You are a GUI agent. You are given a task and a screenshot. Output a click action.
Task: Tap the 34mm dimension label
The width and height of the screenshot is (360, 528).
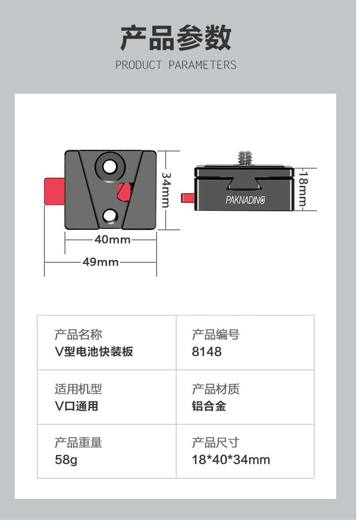[x=166, y=190]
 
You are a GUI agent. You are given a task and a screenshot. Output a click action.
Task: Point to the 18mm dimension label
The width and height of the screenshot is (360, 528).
[x=303, y=189]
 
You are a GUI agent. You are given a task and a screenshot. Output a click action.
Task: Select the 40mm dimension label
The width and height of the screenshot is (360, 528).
[x=112, y=240]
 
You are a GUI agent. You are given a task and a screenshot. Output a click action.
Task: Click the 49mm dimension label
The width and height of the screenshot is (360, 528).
[x=101, y=262]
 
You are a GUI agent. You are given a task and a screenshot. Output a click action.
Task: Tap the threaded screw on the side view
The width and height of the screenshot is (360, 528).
[x=244, y=158]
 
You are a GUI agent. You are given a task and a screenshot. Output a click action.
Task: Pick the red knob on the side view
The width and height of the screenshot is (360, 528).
[x=188, y=197]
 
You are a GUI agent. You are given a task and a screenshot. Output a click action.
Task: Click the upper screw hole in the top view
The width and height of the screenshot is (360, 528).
[x=109, y=166]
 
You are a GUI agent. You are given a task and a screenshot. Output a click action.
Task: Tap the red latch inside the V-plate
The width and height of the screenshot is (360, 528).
[x=124, y=192]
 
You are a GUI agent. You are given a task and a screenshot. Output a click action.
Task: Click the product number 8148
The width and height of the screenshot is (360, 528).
[x=207, y=352]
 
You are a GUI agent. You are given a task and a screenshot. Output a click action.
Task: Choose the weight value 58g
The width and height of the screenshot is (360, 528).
[x=66, y=460]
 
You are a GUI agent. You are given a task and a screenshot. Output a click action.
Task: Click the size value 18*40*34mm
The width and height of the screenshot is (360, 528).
[x=231, y=460]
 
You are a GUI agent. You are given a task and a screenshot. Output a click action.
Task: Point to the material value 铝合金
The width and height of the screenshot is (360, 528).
[x=209, y=406]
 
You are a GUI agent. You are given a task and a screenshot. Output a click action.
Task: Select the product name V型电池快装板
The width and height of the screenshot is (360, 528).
[x=94, y=352]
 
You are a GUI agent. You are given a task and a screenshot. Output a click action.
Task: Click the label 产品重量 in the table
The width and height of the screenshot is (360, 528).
[x=78, y=443]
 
